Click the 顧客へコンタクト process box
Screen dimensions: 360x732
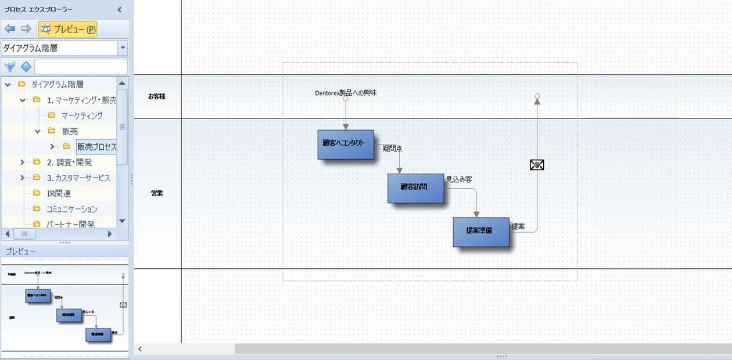pos(345,144)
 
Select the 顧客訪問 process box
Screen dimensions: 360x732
pos(415,188)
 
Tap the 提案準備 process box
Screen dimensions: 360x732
pos(480,231)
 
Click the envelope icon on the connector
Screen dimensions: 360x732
pos(537,165)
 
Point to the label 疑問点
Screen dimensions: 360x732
pos(392,149)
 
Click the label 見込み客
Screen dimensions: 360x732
pos(458,179)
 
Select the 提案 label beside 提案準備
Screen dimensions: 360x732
pos(518,226)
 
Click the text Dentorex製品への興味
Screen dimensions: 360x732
pos(345,92)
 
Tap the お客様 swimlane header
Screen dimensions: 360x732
pos(157,96)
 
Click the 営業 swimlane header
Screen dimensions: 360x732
pos(157,193)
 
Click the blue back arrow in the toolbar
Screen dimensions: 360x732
pos(10,29)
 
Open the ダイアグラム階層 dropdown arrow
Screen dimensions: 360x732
pos(123,48)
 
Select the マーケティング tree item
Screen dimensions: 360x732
pos(82,116)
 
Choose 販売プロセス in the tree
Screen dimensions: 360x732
pos(96,147)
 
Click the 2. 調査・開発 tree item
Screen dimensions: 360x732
pos(69,163)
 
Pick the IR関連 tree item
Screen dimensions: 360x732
pos(59,193)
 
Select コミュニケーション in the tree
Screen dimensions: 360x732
pos(72,209)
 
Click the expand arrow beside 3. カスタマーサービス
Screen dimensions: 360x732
pos(23,178)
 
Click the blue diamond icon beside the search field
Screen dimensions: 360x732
pos(26,67)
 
